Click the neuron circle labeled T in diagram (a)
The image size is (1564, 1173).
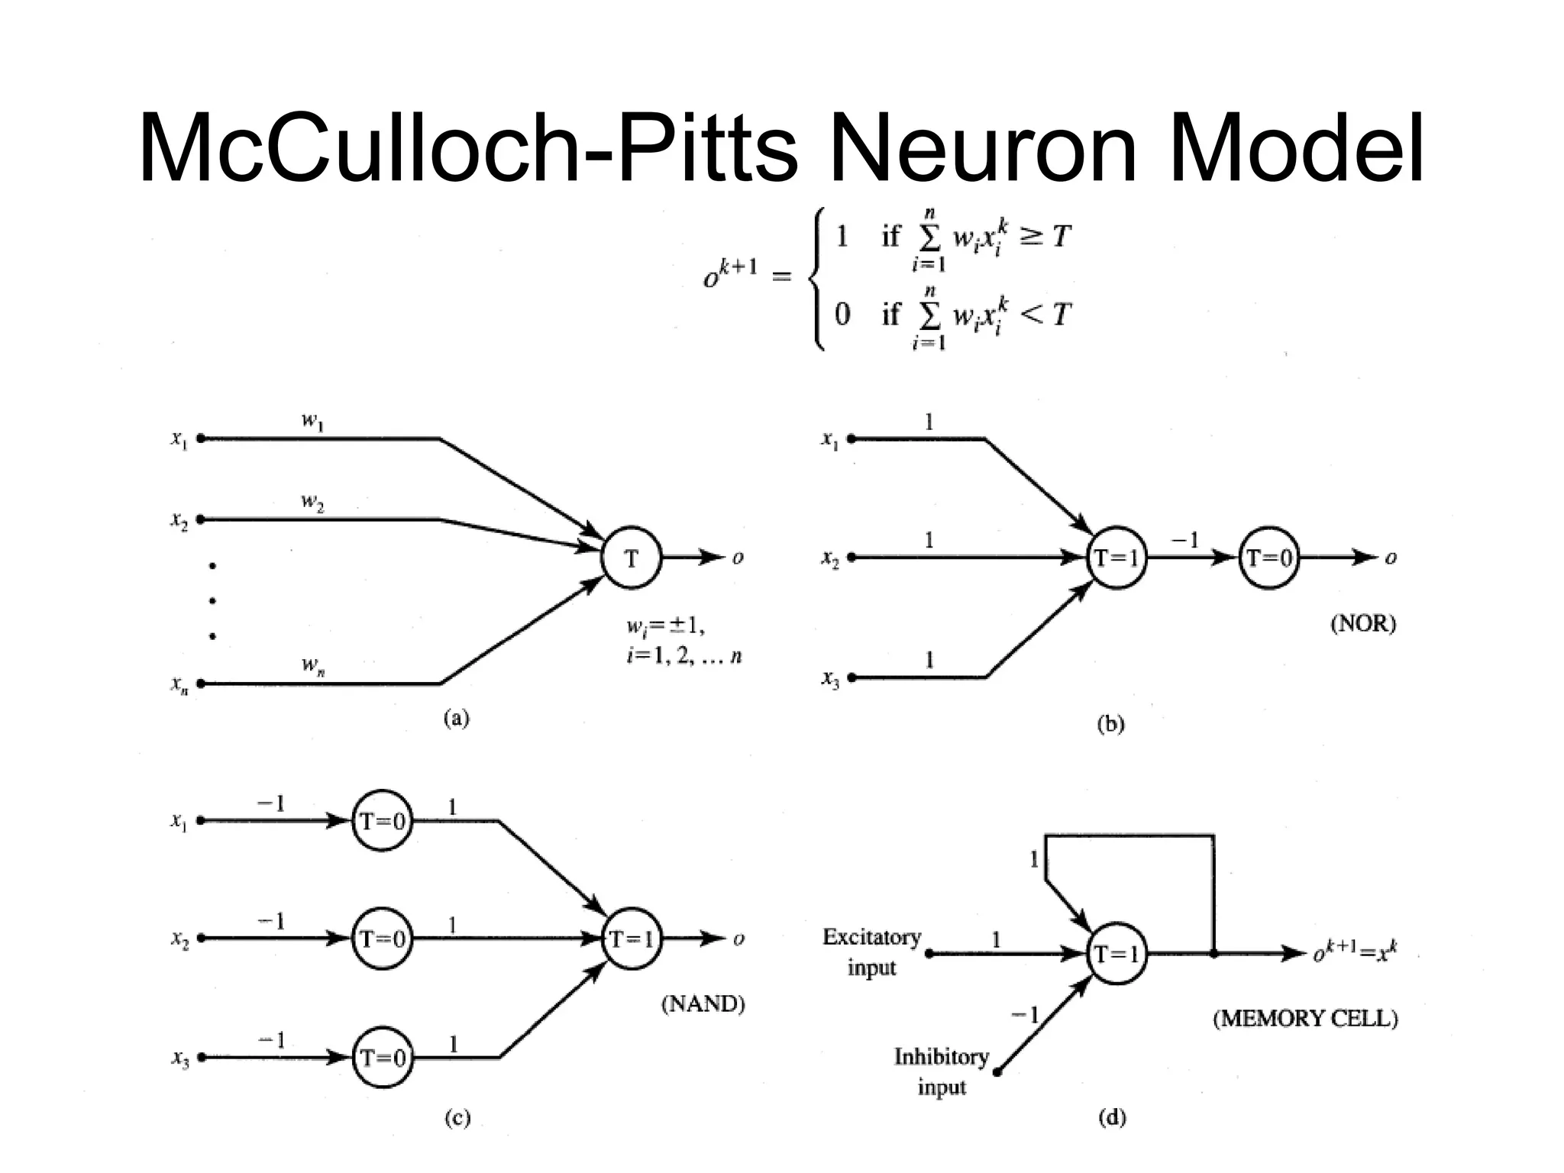(x=631, y=558)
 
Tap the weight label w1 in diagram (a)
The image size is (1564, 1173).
(x=312, y=421)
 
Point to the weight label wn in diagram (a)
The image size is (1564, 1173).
(x=312, y=665)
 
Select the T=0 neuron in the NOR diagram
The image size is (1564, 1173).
(x=1268, y=558)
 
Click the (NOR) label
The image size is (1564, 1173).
(x=1362, y=624)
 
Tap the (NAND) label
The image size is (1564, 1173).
(x=703, y=1003)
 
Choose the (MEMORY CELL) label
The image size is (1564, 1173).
(x=1305, y=1019)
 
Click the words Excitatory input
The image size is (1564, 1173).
(x=871, y=952)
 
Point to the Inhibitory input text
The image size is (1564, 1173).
(x=941, y=1071)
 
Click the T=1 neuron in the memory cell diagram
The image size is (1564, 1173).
(x=1116, y=954)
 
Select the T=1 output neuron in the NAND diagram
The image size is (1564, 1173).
(x=631, y=939)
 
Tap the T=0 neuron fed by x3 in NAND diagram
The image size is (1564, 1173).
(x=382, y=1058)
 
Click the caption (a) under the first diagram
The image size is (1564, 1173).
(x=457, y=718)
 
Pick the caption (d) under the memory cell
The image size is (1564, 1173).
(x=1111, y=1118)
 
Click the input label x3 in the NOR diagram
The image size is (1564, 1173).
(x=830, y=678)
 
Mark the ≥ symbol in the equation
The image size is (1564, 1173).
(x=1030, y=237)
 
